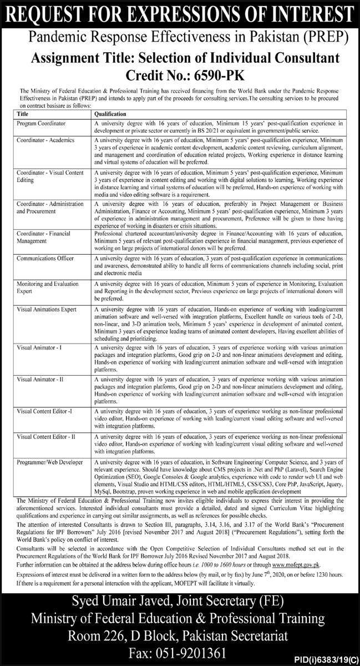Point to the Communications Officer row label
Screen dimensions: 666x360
[x=45, y=258]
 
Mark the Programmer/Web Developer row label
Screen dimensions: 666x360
[x=49, y=462]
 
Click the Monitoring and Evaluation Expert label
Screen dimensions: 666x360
[x=48, y=287]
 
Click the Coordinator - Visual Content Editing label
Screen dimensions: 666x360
[x=50, y=176]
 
